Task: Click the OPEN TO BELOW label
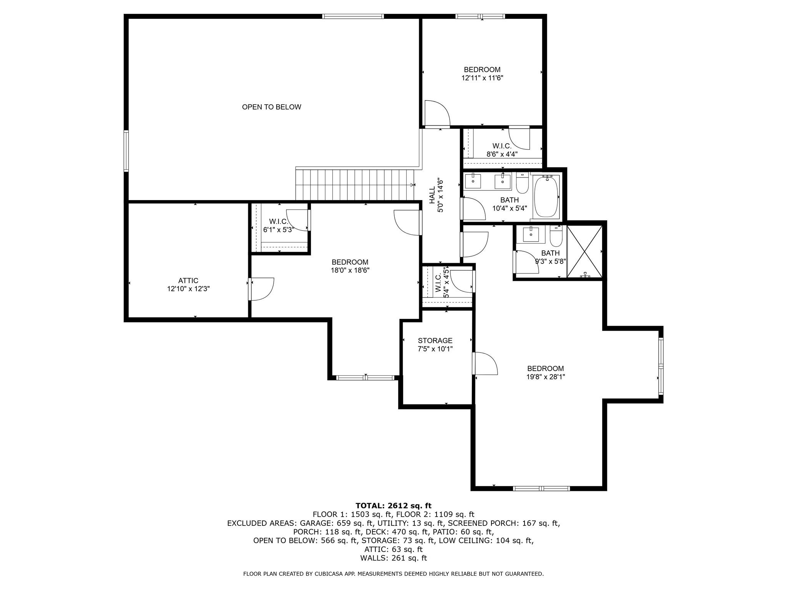[x=271, y=107]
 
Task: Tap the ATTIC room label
[x=188, y=281]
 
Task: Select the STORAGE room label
[x=435, y=341]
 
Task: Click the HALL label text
[x=432, y=195]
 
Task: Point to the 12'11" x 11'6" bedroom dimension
[x=482, y=78]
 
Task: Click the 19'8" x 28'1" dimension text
[x=545, y=377]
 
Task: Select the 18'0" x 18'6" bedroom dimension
[x=350, y=270]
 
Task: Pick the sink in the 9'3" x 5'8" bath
[x=531, y=234]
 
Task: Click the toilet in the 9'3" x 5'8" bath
[x=556, y=236]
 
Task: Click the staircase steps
[x=355, y=185]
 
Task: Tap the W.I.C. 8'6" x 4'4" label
[x=502, y=150]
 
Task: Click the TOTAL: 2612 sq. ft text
[x=393, y=505]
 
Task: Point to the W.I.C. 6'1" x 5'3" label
[x=279, y=226]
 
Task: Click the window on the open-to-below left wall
[x=126, y=151]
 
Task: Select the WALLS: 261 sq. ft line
[x=393, y=558]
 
